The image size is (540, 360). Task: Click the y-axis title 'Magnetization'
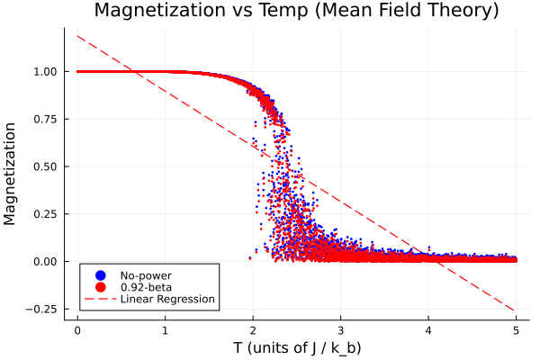tap(12, 174)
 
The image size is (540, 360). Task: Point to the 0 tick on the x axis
tap(77, 329)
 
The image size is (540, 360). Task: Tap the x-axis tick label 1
tap(166, 329)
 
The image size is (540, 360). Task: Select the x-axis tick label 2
tap(253, 329)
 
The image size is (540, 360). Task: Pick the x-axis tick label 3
tap(341, 329)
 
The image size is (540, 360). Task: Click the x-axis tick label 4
tap(428, 329)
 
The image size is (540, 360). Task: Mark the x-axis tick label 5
tap(517, 329)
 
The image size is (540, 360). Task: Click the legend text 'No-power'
tap(146, 275)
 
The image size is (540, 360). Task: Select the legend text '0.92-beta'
tap(147, 287)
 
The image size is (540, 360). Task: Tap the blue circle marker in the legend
tap(101, 275)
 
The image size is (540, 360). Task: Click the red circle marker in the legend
tap(101, 287)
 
